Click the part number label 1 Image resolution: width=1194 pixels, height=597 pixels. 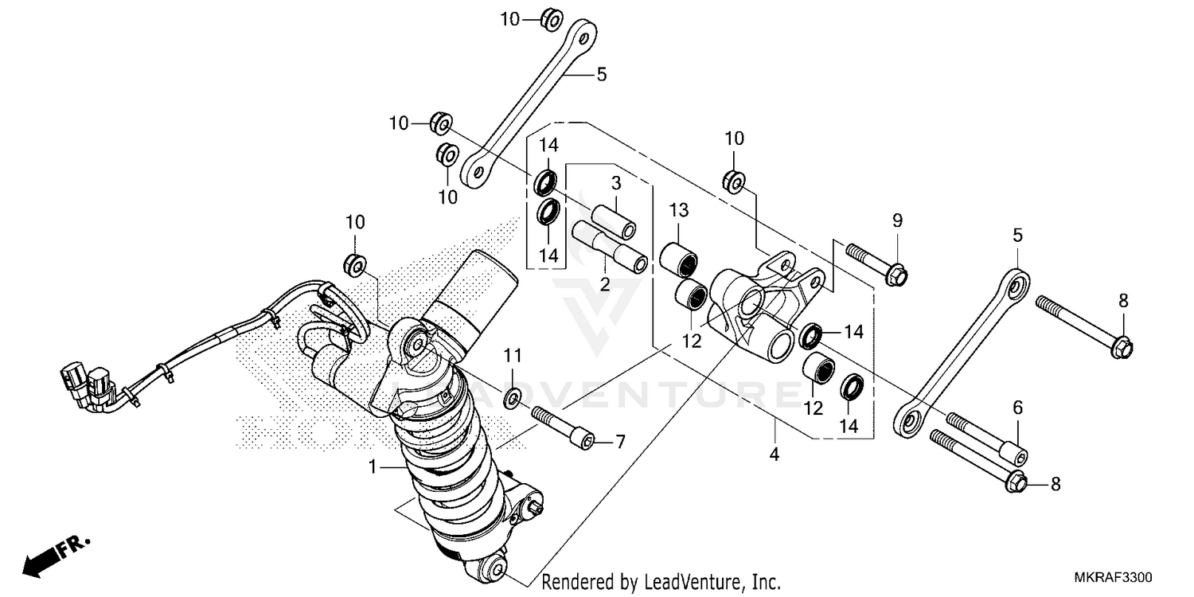372,467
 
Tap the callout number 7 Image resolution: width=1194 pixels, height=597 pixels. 620,441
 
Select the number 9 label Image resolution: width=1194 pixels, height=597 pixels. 897,220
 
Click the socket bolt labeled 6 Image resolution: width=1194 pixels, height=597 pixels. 986,438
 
